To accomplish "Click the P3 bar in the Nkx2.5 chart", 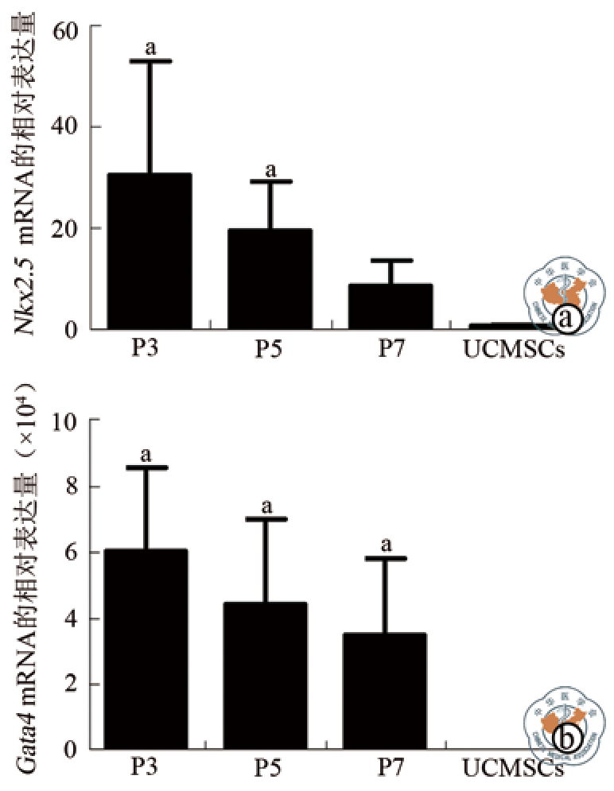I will (149, 251).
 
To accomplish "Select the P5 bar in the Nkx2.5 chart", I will (270, 279).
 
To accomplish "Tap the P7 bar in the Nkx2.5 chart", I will (391, 306).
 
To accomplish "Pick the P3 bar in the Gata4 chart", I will (146, 649).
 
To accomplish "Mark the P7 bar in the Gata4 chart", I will (387, 691).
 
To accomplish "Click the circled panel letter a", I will (567, 320).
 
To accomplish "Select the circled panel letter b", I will (567, 740).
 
